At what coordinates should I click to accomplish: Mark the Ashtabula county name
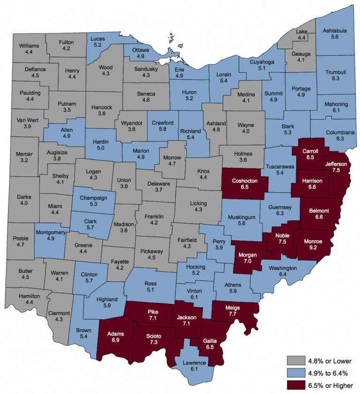335,31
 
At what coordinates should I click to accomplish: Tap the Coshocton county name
246,180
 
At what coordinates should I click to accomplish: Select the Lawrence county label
194,363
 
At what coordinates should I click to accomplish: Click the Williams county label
30,45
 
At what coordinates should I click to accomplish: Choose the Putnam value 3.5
67,110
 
